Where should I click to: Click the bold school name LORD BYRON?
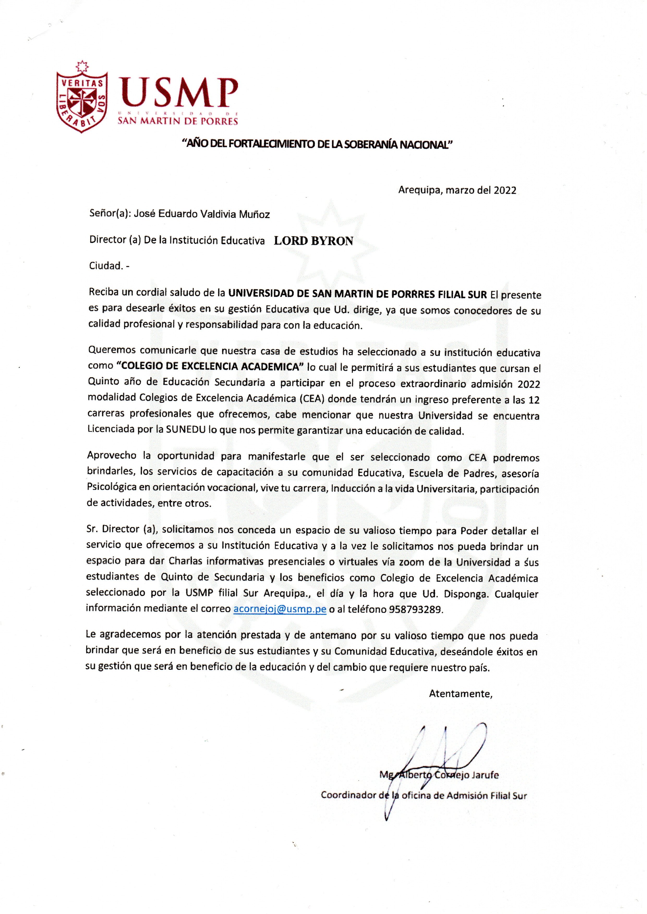[x=313, y=241]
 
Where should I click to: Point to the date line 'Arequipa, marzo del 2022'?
[x=457, y=190]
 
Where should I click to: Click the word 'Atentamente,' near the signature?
[x=461, y=694]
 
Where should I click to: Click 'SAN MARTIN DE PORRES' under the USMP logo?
[x=178, y=121]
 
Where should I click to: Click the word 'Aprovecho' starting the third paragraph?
[x=112, y=456]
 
